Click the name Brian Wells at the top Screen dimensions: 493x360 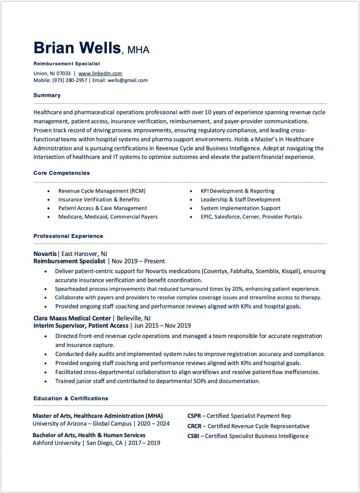tap(77, 48)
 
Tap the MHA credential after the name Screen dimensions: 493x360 tap(138, 50)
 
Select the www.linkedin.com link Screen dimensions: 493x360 tap(100, 73)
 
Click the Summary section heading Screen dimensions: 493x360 tap(47, 95)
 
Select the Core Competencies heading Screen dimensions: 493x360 tap(61, 173)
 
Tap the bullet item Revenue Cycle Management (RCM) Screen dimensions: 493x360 tap(102, 191)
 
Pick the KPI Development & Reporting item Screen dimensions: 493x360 tap(237, 191)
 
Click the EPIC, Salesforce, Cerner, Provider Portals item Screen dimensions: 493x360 tap(251, 217)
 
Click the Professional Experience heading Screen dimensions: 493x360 tap(68, 236)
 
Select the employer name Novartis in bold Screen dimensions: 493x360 tap(45, 254)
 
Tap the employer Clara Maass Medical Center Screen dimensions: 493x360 tap(72, 318)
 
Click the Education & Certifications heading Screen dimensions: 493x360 tap(71, 399)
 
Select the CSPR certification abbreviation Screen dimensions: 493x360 tap(194, 416)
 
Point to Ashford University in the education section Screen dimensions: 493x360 tap(56, 443)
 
